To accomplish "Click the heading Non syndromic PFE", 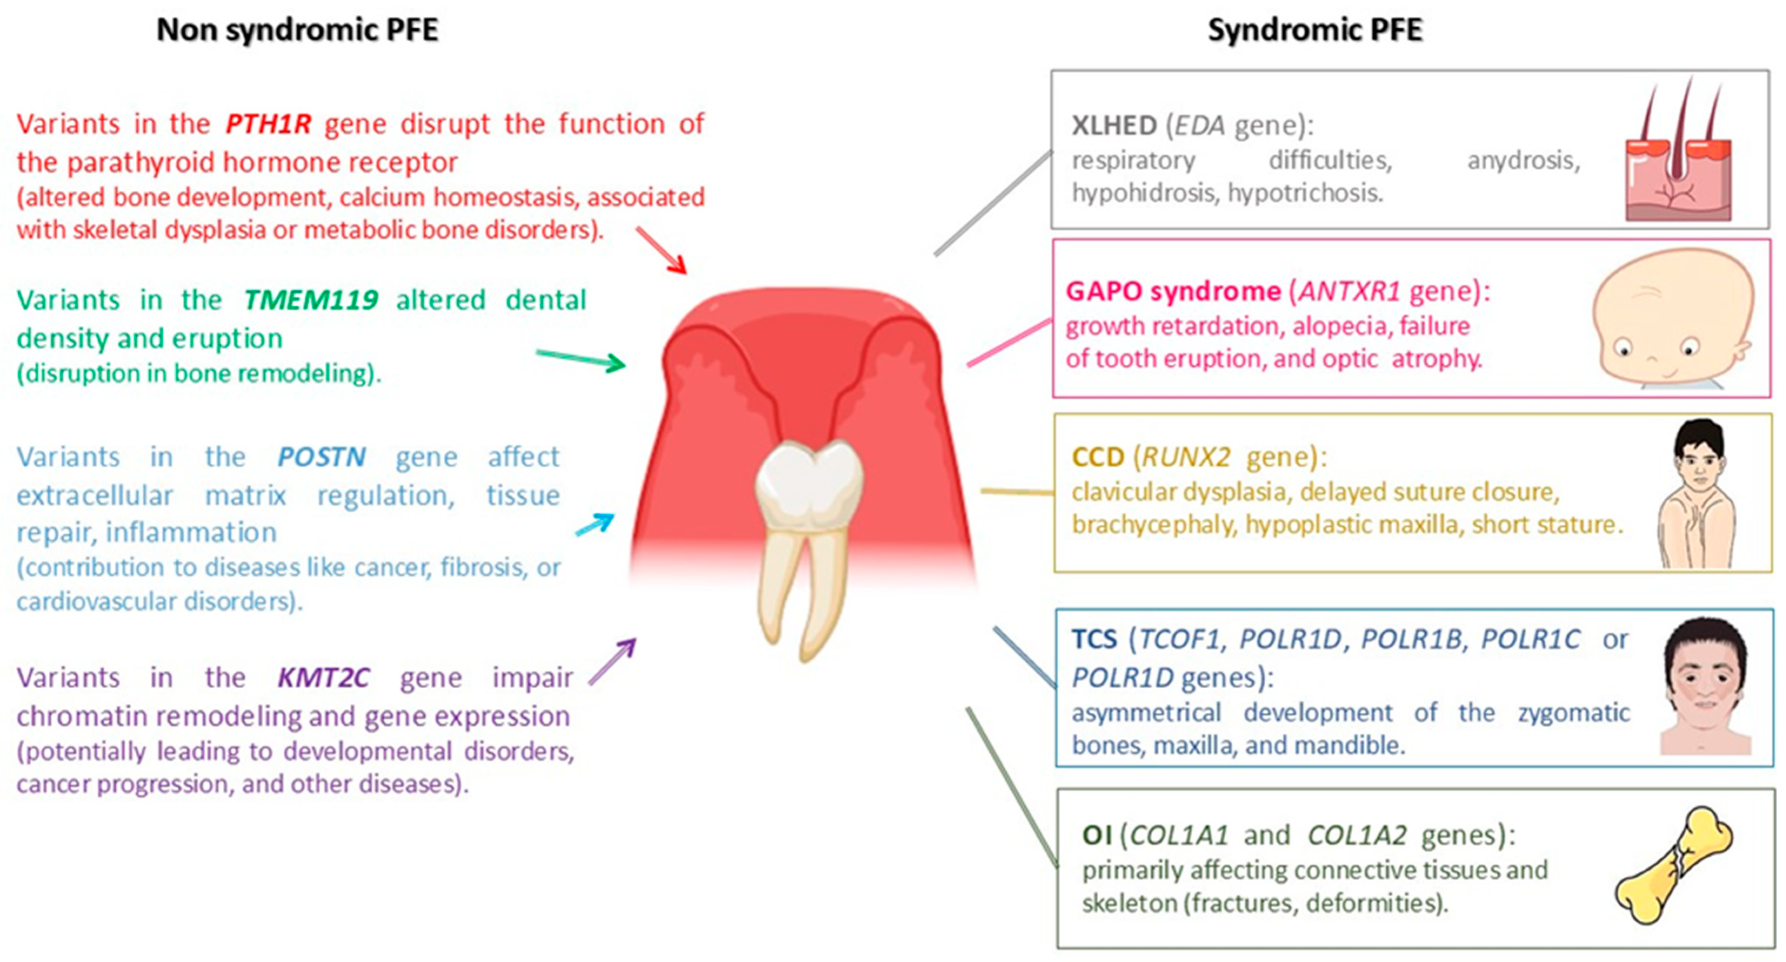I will (298, 30).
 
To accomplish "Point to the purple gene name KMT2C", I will (324, 677).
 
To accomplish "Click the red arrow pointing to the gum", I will (662, 250).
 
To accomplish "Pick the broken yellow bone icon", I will (1672, 865).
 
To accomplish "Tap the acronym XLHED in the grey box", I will (1114, 126).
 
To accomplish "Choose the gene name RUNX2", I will (1186, 457).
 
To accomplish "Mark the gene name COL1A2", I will (1357, 835).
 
